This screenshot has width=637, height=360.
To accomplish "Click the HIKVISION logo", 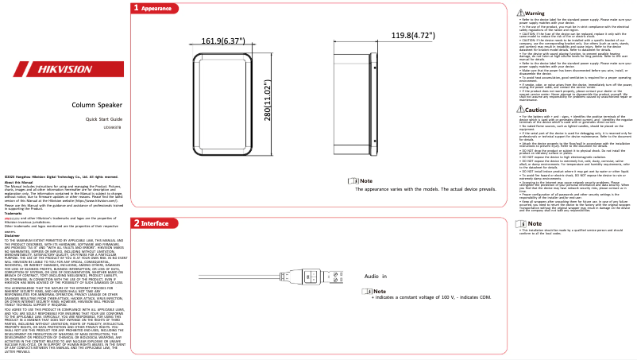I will [63, 69].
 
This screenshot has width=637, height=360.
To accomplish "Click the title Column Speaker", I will [97, 104].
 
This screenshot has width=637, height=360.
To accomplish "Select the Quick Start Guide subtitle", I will [97, 118].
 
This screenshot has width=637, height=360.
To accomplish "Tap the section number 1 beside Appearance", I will [136, 8].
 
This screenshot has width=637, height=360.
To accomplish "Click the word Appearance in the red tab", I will [156, 8].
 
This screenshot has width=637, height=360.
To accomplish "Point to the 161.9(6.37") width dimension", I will [223, 41].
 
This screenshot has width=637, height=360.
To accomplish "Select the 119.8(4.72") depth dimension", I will [414, 36].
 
